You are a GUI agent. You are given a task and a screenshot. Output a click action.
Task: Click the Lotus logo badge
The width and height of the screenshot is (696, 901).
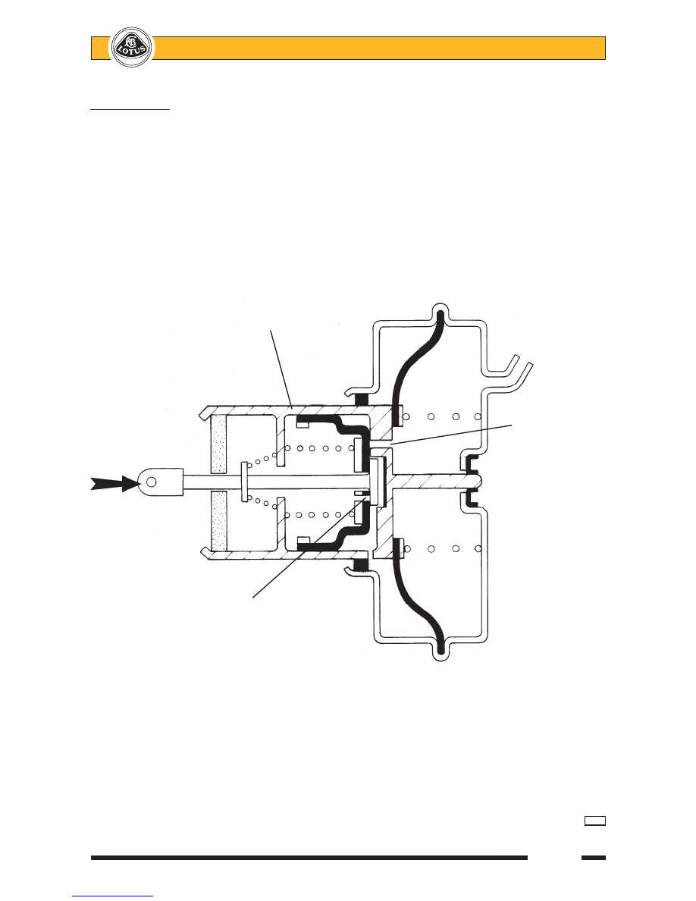pyautogui.click(x=132, y=46)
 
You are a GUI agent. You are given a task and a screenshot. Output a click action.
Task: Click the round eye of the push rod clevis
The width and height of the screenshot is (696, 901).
pyautogui.click(x=151, y=482)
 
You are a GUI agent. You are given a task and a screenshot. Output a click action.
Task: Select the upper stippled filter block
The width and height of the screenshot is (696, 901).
pyautogui.click(x=218, y=444)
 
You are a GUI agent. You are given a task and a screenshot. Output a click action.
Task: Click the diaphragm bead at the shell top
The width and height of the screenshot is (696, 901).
pyautogui.click(x=440, y=315)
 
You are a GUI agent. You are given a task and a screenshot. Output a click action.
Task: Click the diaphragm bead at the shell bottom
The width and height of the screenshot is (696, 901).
pyautogui.click(x=440, y=648)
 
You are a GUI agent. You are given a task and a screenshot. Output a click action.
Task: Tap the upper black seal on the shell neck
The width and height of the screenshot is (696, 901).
pyautogui.click(x=361, y=400)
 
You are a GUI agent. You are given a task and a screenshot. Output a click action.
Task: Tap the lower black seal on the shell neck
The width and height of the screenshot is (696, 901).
pyautogui.click(x=361, y=566)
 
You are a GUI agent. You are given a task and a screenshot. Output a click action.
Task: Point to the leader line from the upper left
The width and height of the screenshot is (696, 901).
pyautogui.click(x=281, y=369)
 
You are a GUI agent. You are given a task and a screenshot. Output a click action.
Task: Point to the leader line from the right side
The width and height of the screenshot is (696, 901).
pyautogui.click(x=450, y=435)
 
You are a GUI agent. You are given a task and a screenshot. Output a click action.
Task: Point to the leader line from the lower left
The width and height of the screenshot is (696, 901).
pyautogui.click(x=309, y=547)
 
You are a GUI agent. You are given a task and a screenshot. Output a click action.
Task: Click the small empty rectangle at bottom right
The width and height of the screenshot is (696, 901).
pyautogui.click(x=594, y=821)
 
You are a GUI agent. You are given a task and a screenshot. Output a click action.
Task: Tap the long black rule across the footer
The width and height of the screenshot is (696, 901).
pyautogui.click(x=309, y=858)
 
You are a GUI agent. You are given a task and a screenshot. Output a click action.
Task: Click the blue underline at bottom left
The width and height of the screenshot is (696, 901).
pyautogui.click(x=112, y=895)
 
